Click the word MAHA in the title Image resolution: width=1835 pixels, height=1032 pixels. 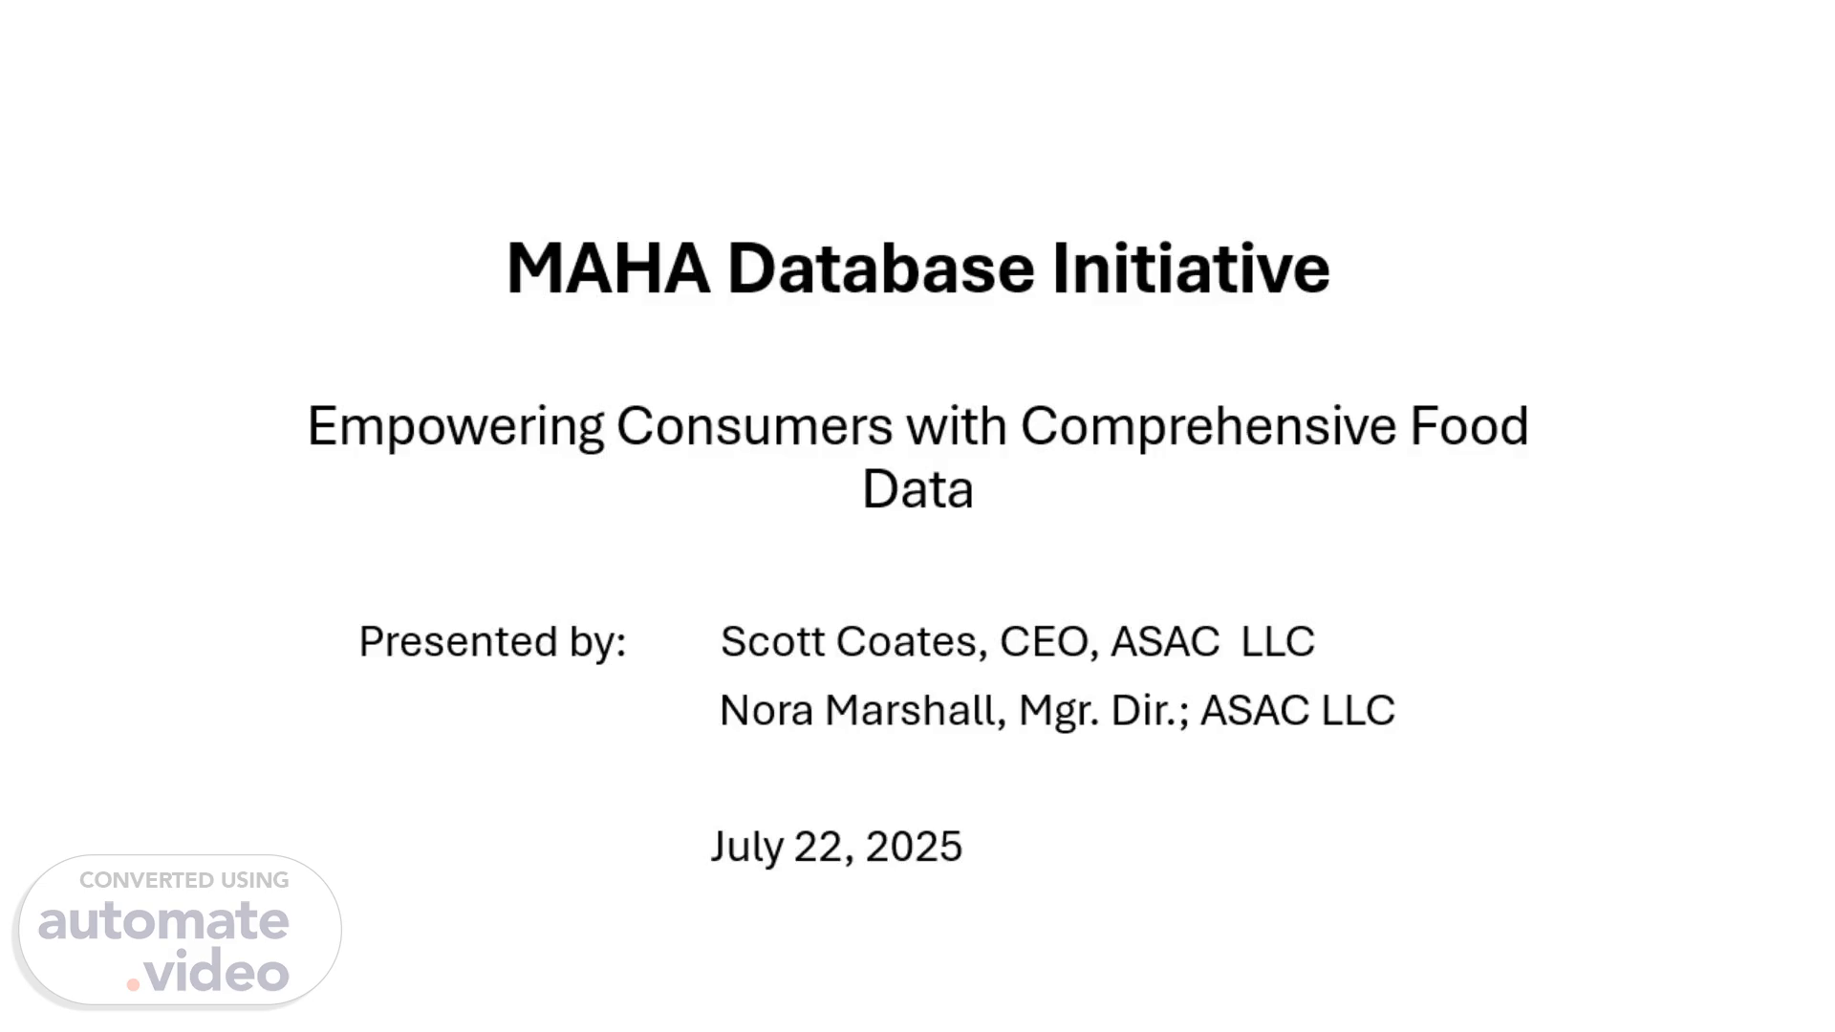tap(608, 269)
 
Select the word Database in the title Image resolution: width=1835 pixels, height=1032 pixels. tap(880, 268)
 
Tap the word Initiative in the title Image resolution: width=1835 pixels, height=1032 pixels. tap(1191, 268)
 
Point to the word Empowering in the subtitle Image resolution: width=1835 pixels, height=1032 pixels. tap(456, 427)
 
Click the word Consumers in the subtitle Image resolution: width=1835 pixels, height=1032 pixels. tap(755, 426)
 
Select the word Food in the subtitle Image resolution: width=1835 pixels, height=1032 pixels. tap(1470, 426)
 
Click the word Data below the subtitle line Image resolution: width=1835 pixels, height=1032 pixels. tap(917, 489)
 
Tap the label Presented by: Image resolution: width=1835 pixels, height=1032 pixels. tap(492, 641)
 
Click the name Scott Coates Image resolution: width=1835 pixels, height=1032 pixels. tap(852, 641)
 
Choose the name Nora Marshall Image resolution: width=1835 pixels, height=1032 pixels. tap(858, 711)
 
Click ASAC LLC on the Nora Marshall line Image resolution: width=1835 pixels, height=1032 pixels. tap(1298, 711)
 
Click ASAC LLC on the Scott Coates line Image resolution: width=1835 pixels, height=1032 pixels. tap(1213, 641)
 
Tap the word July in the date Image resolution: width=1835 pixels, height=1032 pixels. tap(746, 848)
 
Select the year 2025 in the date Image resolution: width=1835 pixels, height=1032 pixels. tap(914, 847)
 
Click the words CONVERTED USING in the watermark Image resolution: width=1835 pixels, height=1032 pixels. tap(184, 880)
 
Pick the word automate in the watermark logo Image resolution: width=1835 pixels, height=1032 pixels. tap(163, 921)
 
